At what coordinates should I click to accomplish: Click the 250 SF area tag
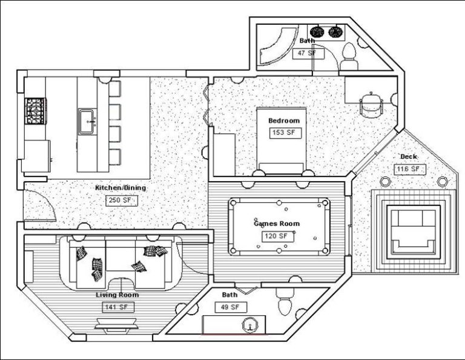pyautogui.click(x=120, y=200)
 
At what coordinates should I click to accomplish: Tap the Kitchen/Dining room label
pyautogui.click(x=120, y=188)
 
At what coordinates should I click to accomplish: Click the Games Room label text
pyautogui.click(x=276, y=224)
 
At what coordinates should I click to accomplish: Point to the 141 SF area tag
pyautogui.click(x=117, y=307)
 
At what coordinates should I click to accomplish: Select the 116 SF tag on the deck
pyautogui.click(x=407, y=169)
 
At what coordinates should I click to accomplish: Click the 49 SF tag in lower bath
pyautogui.click(x=230, y=307)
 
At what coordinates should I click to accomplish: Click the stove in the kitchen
pyautogui.click(x=33, y=111)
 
